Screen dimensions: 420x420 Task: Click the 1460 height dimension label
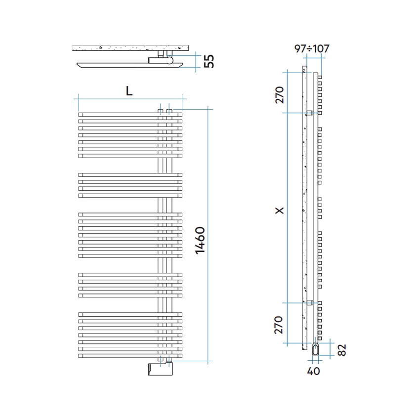(200, 240)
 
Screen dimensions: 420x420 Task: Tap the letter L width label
(129, 91)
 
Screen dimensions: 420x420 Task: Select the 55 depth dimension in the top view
(209, 61)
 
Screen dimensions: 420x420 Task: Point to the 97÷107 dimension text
(312, 48)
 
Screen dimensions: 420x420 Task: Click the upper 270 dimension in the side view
(279, 95)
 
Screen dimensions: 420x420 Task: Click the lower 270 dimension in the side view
(279, 325)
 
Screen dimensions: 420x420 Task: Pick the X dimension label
(279, 210)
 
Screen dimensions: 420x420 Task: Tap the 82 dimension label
(342, 350)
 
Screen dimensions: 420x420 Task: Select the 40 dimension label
(313, 371)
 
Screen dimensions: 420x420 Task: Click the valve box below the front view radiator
(161, 369)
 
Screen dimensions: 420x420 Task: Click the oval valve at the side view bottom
(316, 350)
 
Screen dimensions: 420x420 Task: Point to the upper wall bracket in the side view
(310, 113)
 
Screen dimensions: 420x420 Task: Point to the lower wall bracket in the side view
(310, 303)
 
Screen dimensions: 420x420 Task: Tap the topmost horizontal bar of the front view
(130, 115)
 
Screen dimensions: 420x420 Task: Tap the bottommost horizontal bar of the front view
(130, 356)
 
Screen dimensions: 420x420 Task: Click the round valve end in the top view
(170, 61)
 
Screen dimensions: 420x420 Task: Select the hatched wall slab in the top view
(130, 48)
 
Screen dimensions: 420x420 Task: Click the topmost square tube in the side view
(320, 78)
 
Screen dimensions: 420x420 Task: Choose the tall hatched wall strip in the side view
(305, 208)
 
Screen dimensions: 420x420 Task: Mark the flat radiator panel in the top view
(130, 65)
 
